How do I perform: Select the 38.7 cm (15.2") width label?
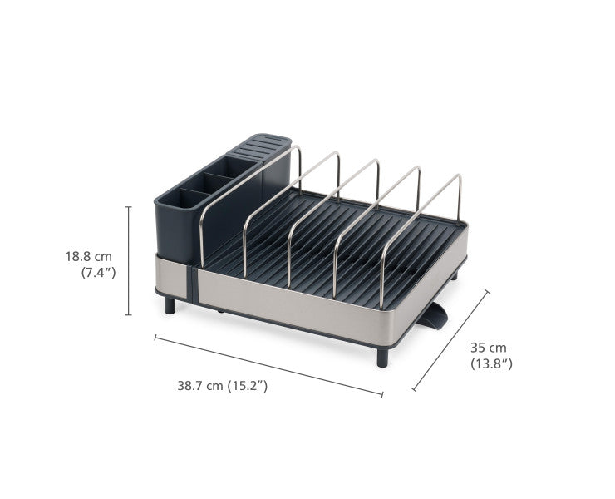pos(222,386)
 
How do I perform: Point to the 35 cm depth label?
pos(488,347)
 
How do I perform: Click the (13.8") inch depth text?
pos(491,363)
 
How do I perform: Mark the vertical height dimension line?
pos(129,261)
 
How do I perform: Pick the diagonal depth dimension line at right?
pos(450,341)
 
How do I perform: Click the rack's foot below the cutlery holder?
pos(170,304)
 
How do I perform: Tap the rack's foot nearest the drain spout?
pos(382,357)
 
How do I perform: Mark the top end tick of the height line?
pos(129,206)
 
